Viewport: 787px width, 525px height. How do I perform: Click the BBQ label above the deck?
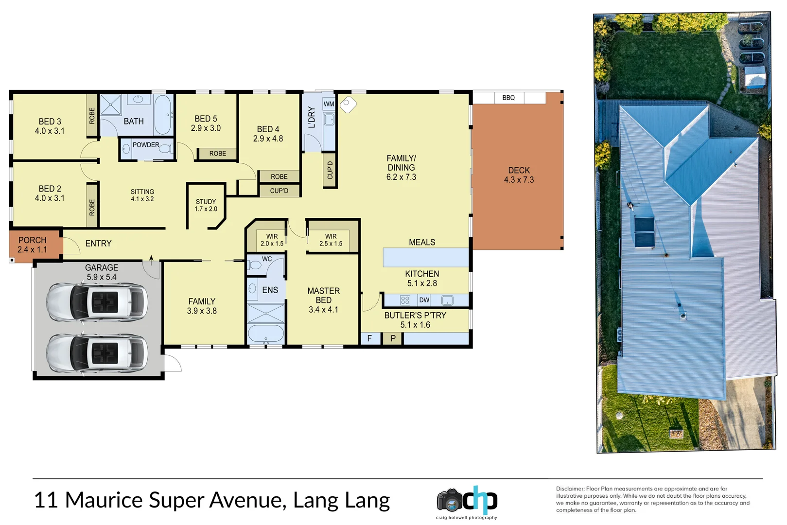point(508,98)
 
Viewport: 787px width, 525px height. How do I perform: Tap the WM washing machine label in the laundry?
point(329,104)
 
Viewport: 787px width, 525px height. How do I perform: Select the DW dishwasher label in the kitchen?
point(424,300)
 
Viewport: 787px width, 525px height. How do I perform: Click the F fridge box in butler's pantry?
point(369,338)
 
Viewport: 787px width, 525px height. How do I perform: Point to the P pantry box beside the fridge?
point(393,338)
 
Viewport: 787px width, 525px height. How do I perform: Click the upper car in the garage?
point(97,302)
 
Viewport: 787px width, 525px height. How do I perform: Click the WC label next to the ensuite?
point(267,259)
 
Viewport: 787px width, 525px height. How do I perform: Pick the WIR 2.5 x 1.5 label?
point(331,240)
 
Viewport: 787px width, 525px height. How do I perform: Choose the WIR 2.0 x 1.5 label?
point(272,240)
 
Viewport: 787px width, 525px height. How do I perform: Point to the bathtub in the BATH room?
point(163,115)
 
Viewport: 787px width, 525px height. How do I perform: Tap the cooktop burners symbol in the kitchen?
point(405,300)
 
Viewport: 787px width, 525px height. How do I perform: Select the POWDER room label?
point(146,145)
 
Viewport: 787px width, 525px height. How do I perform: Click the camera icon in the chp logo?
point(449,500)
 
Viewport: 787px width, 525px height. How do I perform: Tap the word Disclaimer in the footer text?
point(570,489)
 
